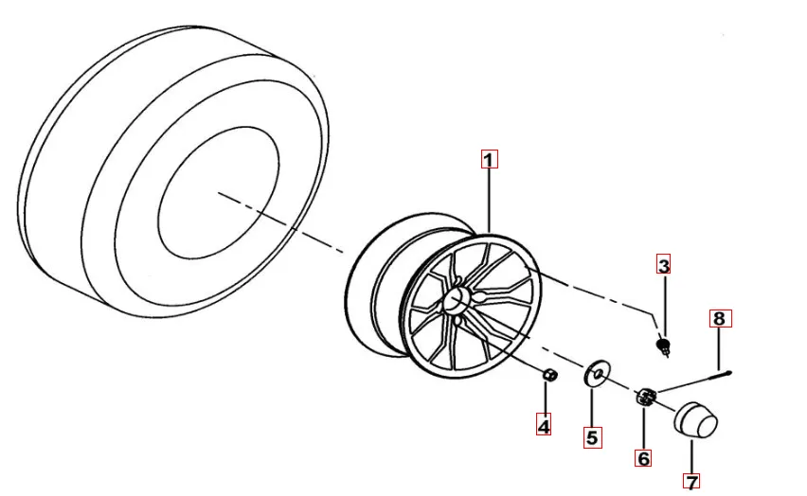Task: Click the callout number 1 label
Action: coord(489,159)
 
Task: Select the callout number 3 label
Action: coord(664,265)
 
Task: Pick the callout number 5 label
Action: coord(592,438)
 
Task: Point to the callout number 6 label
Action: coord(643,457)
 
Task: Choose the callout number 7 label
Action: coord(692,482)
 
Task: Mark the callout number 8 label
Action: coord(720,318)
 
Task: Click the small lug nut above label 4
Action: coord(549,375)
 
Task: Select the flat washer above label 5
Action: coord(597,373)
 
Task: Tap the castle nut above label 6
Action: coord(646,398)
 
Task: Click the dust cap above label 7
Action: coord(695,421)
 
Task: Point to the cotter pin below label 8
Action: coord(695,381)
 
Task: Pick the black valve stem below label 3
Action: coord(664,345)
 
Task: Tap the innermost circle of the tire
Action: coord(219,193)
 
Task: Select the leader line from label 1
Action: coord(490,202)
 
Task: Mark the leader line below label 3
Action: coord(664,305)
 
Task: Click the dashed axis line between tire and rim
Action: coord(280,222)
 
